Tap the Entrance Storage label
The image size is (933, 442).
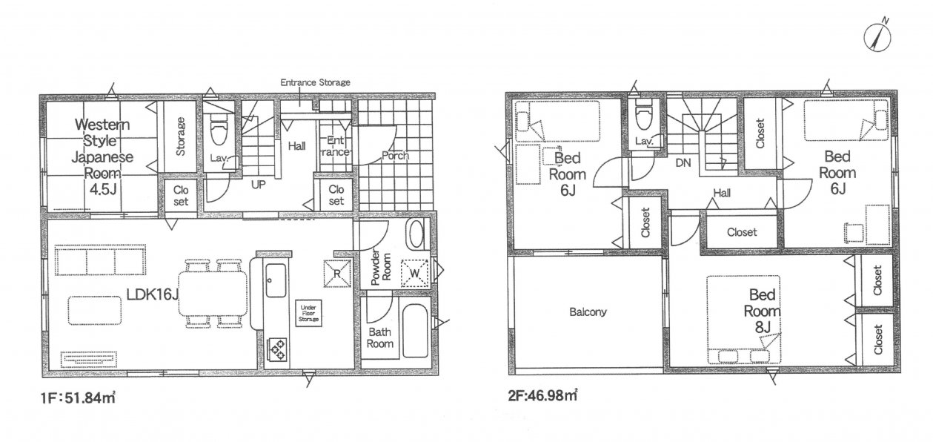point(315,82)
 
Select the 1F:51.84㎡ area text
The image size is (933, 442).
point(78,398)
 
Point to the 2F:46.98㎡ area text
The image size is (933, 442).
point(542,395)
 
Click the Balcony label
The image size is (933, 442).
point(588,311)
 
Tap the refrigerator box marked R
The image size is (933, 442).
point(337,274)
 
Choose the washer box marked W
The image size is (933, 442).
point(414,273)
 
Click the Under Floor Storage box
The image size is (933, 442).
point(308,313)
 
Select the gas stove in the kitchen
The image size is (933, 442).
point(277,349)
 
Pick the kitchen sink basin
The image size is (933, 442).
point(276,280)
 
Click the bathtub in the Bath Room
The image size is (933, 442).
point(415,331)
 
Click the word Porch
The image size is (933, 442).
point(395,156)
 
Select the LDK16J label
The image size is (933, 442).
point(153,295)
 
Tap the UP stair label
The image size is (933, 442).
point(258,185)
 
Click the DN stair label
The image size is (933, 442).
point(683,163)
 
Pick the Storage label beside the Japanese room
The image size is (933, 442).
point(180,136)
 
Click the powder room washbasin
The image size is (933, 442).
point(416,234)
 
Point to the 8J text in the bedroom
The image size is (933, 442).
point(763,328)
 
